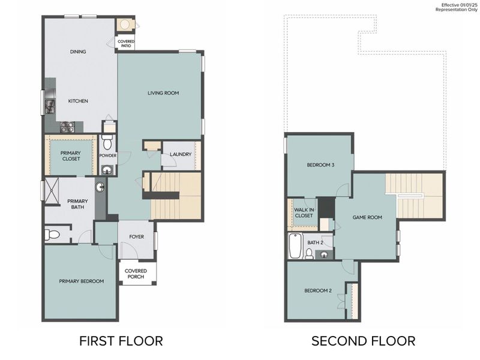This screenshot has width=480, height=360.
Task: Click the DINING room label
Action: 78,52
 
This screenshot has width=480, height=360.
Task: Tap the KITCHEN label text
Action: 78,101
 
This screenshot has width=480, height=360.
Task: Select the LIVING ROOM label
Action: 163,93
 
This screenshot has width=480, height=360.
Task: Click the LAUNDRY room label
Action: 181,154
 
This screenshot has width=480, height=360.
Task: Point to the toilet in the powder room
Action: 108,143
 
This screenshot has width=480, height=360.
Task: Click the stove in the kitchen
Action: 67,127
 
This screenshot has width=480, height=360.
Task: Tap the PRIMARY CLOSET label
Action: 71,155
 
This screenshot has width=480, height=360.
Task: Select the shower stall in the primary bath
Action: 52,191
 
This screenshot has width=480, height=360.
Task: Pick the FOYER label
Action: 137,236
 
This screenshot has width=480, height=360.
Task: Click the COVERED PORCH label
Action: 136,274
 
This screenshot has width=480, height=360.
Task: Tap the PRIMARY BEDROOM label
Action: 81,281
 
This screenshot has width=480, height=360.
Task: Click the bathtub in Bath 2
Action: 295,246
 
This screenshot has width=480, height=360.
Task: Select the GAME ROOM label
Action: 367,217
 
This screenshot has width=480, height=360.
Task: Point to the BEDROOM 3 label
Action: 320,165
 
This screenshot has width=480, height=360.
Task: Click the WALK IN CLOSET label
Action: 304,213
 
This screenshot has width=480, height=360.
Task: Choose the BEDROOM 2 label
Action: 318,290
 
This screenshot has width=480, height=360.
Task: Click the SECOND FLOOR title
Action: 363,341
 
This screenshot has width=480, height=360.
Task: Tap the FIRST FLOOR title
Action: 121,341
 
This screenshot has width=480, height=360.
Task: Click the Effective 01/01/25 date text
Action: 459,5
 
